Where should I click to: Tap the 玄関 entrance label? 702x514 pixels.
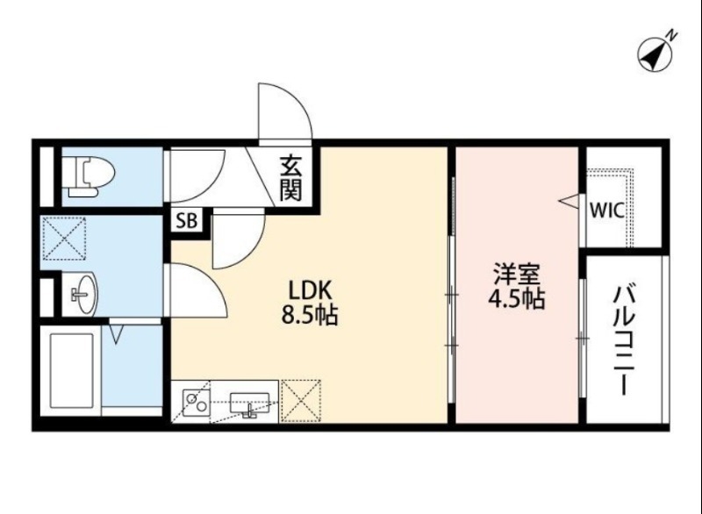click(x=291, y=178)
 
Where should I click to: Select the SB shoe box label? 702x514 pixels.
click(x=186, y=221)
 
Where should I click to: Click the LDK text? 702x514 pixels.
click(x=309, y=290)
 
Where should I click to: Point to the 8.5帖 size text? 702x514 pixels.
click(x=309, y=315)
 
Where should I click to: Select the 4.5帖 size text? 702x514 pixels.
click(x=517, y=298)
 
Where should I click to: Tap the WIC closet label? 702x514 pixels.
click(x=607, y=211)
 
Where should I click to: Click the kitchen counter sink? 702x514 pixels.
click(x=247, y=403)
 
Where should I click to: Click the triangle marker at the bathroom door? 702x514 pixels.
click(x=115, y=333)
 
